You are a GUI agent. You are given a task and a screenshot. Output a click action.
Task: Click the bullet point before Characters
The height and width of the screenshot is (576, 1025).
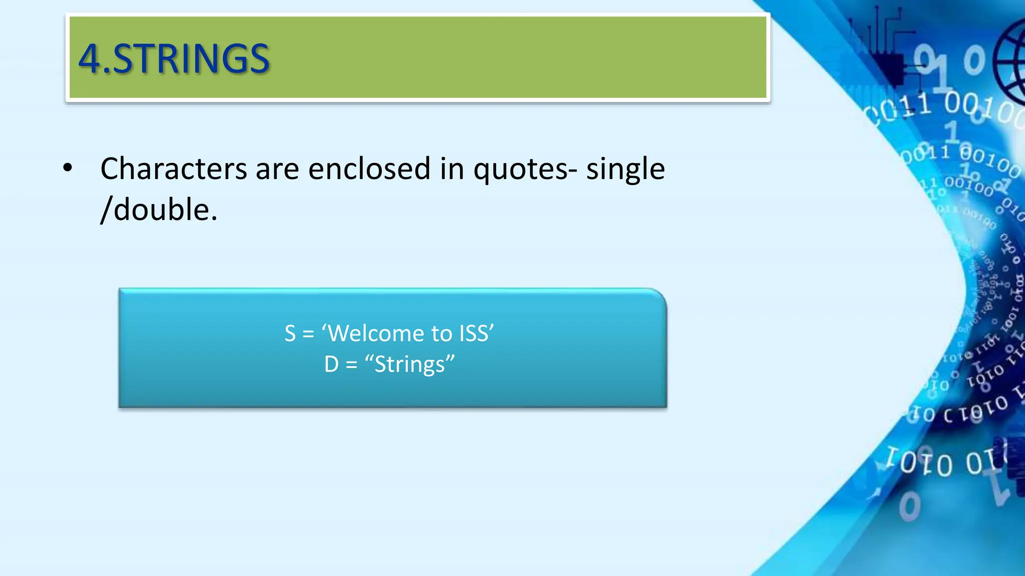click(68, 168)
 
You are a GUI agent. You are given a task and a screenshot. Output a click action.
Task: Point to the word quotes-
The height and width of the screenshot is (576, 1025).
click(525, 170)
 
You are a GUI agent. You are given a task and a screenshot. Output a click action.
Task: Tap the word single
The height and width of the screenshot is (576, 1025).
click(625, 170)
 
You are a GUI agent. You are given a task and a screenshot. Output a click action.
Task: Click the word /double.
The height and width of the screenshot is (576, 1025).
click(159, 209)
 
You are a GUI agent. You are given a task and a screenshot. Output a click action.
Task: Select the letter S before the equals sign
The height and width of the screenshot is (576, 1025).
click(290, 333)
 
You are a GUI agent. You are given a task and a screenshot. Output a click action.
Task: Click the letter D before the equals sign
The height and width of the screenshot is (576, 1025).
click(331, 364)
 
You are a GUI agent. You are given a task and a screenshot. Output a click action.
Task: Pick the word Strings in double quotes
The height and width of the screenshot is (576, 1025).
click(409, 364)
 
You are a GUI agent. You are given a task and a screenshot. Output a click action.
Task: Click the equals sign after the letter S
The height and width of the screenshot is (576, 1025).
click(308, 334)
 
